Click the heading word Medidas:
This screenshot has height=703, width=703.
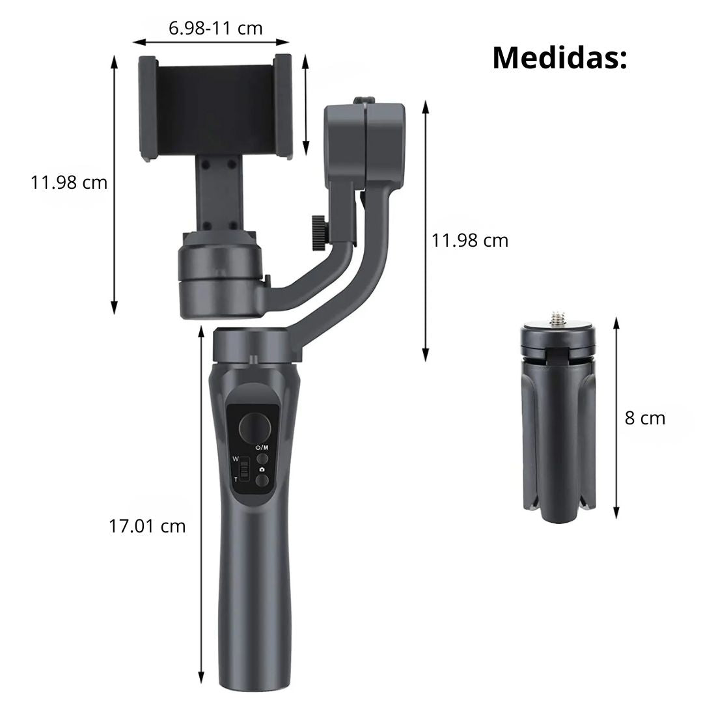[x=560, y=57]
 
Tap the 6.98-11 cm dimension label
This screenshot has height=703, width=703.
[x=215, y=28]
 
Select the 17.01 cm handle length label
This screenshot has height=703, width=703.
[x=147, y=526]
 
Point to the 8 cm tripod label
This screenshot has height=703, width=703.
[x=644, y=418]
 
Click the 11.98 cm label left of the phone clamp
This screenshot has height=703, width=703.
[x=69, y=182]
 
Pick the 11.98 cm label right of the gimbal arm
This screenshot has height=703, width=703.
[x=470, y=240]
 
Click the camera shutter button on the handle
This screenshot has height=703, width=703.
[x=262, y=480]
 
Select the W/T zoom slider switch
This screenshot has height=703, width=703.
[x=244, y=469]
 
